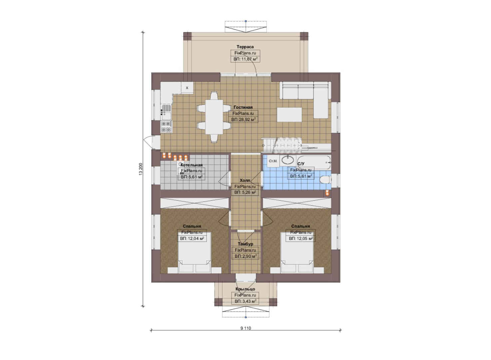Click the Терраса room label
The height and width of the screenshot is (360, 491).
(245, 47)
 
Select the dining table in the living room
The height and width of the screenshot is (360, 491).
(214, 117)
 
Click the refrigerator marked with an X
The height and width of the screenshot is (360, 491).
(187, 88)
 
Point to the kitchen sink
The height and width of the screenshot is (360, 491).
(166, 112)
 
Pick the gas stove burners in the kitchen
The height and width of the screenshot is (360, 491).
(166, 127)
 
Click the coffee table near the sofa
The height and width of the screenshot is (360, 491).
(289, 114)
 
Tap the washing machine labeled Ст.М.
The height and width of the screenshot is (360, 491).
(273, 161)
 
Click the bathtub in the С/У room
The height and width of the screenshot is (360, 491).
(314, 162)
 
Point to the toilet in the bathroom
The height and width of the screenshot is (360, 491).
(325, 180)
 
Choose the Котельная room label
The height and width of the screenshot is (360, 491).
(191, 165)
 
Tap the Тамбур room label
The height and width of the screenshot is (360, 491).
(245, 244)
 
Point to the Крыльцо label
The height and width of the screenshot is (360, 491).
(245, 289)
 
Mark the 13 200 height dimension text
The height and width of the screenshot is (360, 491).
(141, 169)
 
